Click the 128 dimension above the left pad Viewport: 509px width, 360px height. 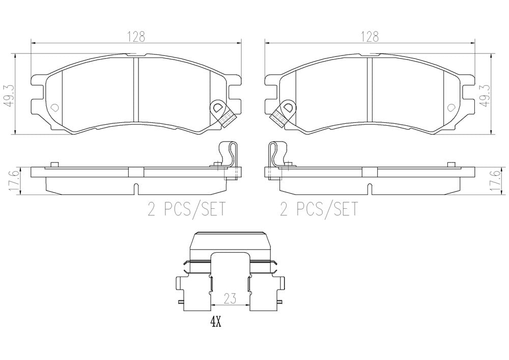pyautogui.click(x=136, y=37)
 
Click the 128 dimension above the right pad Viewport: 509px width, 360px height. pyautogui.click(x=370, y=37)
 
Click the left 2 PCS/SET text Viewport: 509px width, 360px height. pyautogui.click(x=186, y=209)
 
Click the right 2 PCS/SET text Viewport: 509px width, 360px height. pyautogui.click(x=319, y=209)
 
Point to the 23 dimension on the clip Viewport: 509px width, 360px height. pyautogui.click(x=230, y=298)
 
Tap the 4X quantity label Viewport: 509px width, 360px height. pyautogui.click(x=215, y=322)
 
